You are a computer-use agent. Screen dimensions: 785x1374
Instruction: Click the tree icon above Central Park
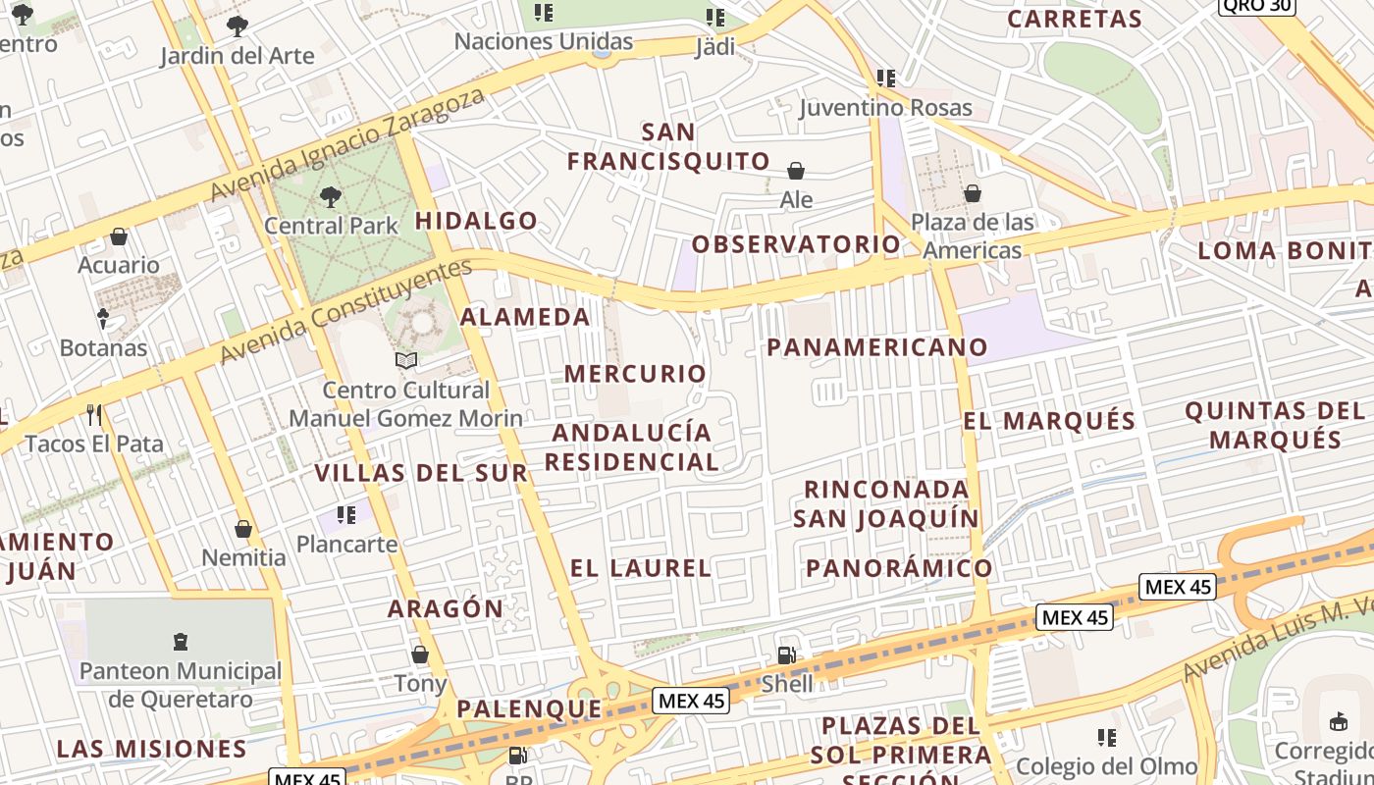point(331,196)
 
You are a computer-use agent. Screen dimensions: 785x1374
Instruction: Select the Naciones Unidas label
point(544,41)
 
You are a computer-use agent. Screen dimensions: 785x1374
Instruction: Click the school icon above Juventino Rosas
point(886,78)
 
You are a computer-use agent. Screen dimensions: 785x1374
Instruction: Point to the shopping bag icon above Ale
point(796,171)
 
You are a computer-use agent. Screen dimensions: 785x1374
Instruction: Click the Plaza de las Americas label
point(973,236)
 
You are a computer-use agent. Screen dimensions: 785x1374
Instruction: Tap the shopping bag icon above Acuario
point(119,236)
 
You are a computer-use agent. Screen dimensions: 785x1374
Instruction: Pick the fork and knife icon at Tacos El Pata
point(94,415)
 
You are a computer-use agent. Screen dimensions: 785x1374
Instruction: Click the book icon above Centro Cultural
point(406,360)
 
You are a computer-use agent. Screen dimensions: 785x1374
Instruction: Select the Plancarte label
point(347,544)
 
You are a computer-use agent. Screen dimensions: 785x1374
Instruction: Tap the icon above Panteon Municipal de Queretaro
point(180,642)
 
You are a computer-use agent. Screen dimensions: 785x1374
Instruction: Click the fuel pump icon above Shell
point(787,654)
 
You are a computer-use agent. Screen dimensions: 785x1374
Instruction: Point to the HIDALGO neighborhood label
point(476,221)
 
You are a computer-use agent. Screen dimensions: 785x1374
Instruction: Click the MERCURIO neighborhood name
point(635,374)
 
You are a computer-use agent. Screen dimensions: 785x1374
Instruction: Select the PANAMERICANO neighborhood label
point(877,347)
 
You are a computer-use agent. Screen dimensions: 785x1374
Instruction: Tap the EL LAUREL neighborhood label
point(641,568)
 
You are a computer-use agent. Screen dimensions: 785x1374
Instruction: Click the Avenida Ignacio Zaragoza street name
point(348,143)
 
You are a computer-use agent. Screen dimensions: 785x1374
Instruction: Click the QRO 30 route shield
point(1257,5)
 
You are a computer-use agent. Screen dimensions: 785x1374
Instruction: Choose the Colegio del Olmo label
point(1107,766)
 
